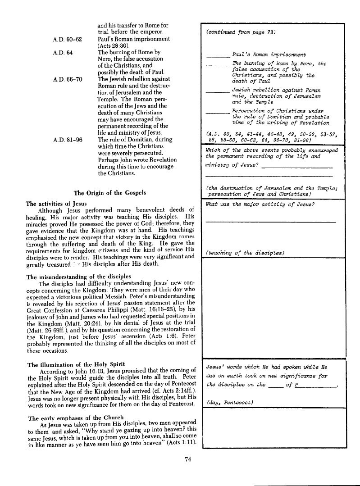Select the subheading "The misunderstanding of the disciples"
(79, 276)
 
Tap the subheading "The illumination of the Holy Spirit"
(76, 364)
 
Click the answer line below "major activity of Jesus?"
(270, 221)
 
